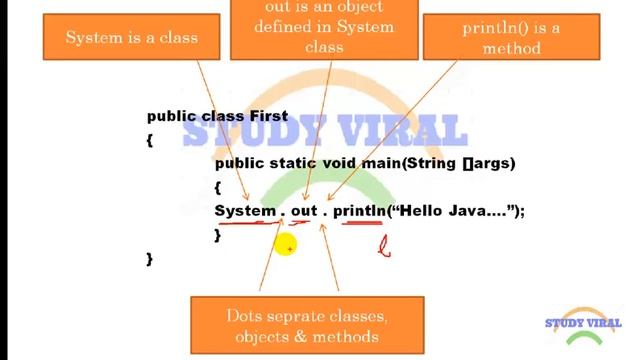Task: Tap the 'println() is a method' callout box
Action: (511, 38)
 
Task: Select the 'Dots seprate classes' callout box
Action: (307, 326)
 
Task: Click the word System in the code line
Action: (244, 210)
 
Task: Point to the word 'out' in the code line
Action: (303, 210)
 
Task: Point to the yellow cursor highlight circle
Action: (285, 244)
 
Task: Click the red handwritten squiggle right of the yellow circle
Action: (383, 245)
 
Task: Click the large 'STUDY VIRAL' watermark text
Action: (324, 131)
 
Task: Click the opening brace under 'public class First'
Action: (149, 140)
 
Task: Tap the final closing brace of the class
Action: (150, 258)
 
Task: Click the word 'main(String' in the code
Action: (415, 162)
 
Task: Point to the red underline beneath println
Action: (361, 225)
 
